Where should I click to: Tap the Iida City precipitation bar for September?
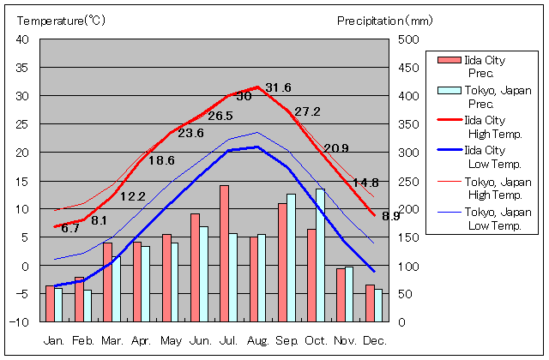click(282, 262)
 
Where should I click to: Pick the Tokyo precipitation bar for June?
click(203, 274)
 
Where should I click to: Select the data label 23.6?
click(190, 133)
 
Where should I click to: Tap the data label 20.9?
click(335, 147)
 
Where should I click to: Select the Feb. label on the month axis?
click(83, 341)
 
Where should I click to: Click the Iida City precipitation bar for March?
click(107, 282)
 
